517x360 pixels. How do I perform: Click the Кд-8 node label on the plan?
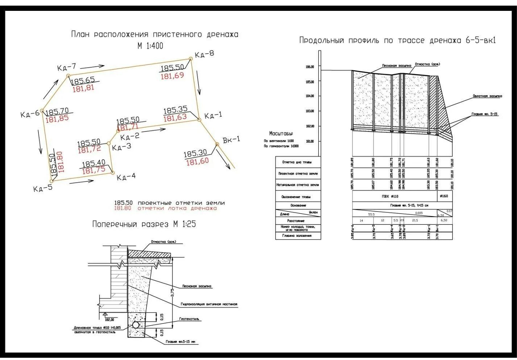coord(204,54)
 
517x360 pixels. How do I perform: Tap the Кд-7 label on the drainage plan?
coord(67,67)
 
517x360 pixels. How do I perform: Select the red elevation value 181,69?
coord(172,76)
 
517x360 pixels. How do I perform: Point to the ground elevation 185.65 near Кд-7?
coord(83,80)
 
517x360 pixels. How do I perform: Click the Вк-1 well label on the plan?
coord(232,140)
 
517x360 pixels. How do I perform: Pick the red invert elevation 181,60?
coord(197,161)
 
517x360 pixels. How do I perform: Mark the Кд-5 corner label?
coord(43,188)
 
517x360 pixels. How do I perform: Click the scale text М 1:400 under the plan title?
coord(150,46)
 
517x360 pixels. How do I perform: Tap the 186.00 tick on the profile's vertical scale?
coord(310,67)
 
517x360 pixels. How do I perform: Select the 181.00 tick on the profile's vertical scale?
coord(310,141)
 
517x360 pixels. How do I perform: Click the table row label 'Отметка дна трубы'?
coord(297,162)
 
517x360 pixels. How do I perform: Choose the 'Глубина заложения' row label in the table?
coord(297,236)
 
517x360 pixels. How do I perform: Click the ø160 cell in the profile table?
coord(444,196)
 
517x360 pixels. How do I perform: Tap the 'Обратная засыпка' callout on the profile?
coord(487,96)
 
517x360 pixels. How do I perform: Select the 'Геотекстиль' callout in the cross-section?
coord(189,319)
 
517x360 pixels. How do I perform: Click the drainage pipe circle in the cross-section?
coord(136,325)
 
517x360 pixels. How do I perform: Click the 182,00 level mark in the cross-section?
coord(109,319)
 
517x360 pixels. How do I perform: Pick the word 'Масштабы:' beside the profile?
coord(281,134)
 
